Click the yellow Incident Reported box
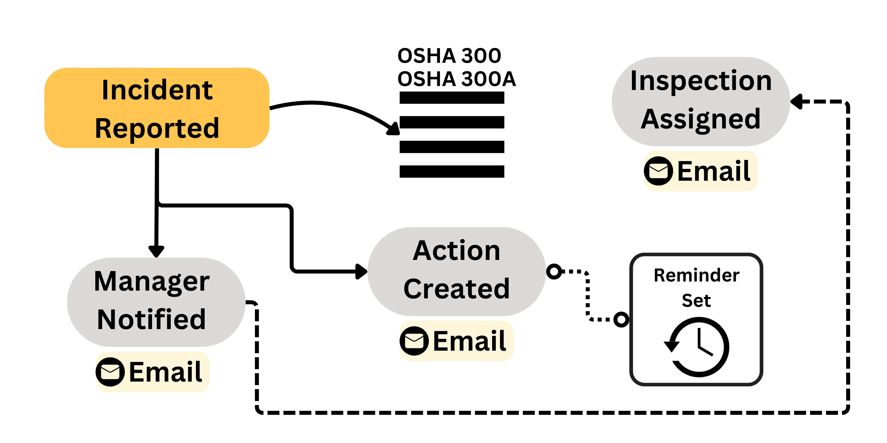pyautogui.click(x=157, y=108)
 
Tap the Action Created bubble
pyautogui.click(x=456, y=271)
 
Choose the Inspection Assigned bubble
pyautogui.click(x=700, y=101)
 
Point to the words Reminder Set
pyautogui.click(x=696, y=288)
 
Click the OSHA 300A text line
pyautogui.click(x=456, y=79)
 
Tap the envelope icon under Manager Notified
pyautogui.click(x=110, y=372)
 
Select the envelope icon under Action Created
pyautogui.click(x=414, y=341)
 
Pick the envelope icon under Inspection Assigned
pyautogui.click(x=658, y=171)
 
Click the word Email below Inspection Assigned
pyautogui.click(x=713, y=171)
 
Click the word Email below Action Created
pyautogui.click(x=469, y=341)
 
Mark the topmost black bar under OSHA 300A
pyautogui.click(x=452, y=98)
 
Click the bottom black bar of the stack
pyautogui.click(x=452, y=171)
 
